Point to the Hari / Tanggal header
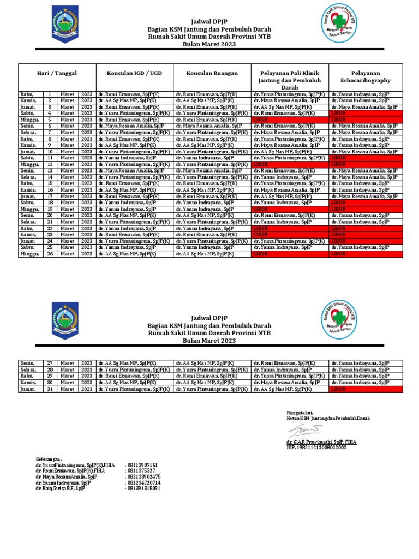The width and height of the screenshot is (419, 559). click(x=57, y=73)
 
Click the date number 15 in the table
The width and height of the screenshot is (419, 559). click(x=50, y=183)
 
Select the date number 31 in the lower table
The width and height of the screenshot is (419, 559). click(x=50, y=389)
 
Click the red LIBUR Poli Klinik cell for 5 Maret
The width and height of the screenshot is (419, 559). click(x=289, y=120)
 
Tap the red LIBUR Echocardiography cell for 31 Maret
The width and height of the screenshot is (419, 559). click(x=366, y=389)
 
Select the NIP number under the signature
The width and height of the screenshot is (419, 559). click(x=316, y=447)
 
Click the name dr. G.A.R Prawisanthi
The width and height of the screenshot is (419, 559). click(x=321, y=441)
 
